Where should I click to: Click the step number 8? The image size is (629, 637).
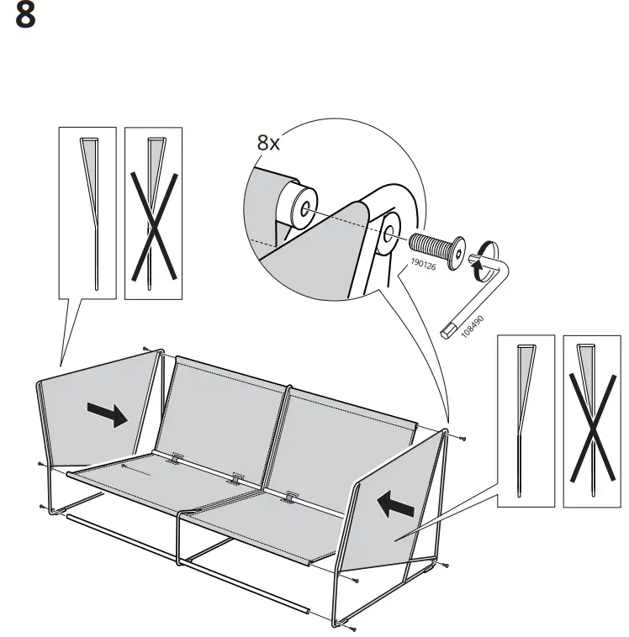tap(26, 18)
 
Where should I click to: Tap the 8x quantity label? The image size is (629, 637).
tap(268, 144)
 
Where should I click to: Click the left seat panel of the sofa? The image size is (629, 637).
tap(147, 483)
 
